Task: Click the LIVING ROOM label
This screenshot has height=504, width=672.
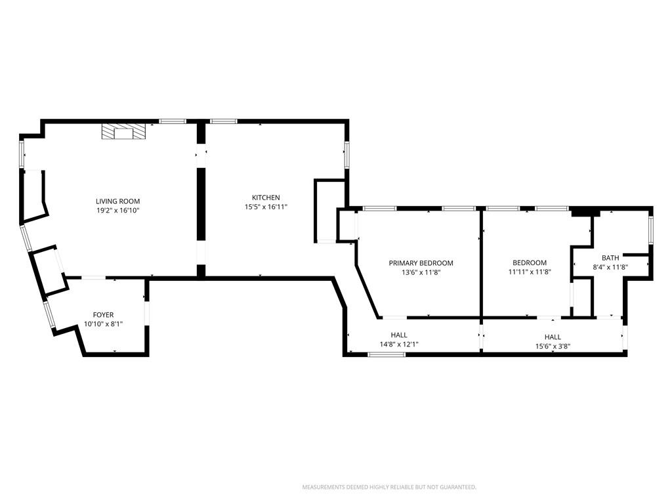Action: point(118,201)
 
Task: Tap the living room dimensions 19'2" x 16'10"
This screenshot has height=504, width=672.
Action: point(118,211)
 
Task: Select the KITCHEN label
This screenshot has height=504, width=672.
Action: point(266,198)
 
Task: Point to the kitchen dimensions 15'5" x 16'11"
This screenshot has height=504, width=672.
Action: point(266,207)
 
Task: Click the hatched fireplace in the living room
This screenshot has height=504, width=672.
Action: point(123,131)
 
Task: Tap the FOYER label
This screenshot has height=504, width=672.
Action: point(103,314)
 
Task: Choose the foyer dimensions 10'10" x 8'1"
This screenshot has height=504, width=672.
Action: point(103,324)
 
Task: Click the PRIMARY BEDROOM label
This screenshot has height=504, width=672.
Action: point(421,262)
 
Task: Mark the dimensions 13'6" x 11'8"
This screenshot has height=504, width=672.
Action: point(421,272)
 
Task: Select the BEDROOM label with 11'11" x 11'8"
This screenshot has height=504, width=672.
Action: point(530,262)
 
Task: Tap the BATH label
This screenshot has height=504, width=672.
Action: point(610,257)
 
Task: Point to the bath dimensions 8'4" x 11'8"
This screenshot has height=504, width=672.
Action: point(610,267)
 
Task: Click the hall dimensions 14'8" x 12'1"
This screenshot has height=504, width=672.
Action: point(399,344)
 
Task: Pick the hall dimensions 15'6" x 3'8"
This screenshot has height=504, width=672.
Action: point(553,346)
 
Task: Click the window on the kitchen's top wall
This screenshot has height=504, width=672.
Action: point(223,121)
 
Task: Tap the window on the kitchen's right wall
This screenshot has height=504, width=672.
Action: point(346,154)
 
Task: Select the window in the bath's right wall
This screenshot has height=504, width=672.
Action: point(650,230)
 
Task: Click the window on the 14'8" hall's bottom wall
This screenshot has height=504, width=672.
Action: point(387,354)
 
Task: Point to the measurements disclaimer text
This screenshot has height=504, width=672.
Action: point(389,487)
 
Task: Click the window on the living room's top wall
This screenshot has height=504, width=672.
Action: point(173,121)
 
